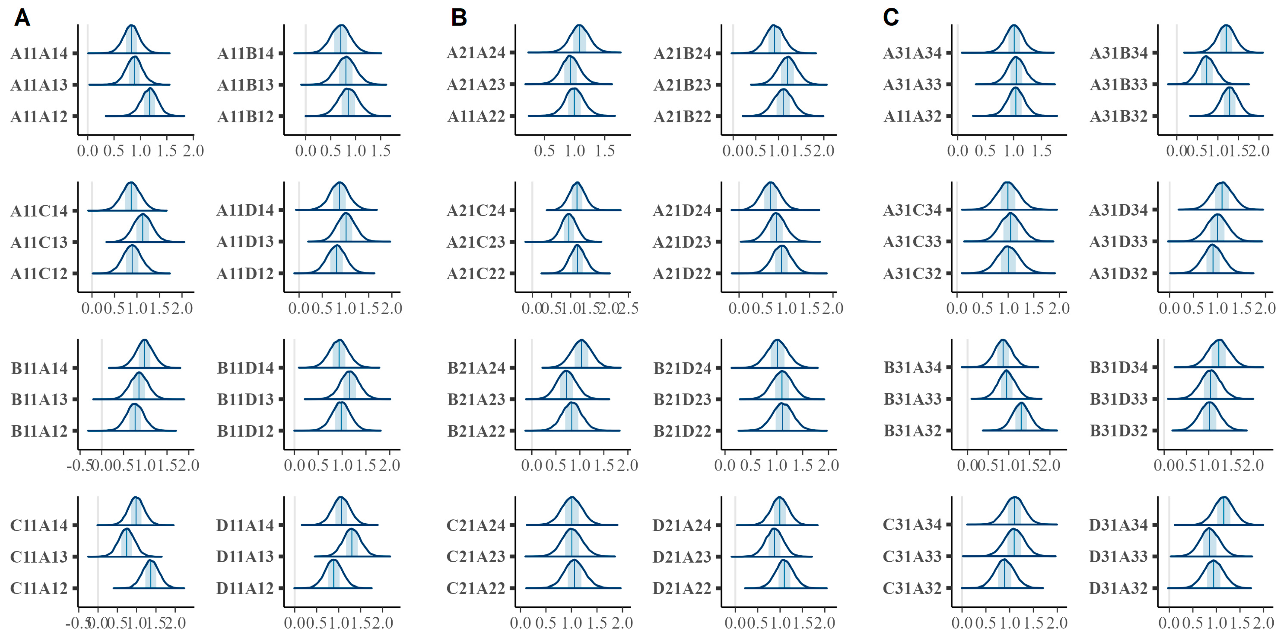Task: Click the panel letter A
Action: pyautogui.click(x=22, y=18)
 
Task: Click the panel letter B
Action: pyautogui.click(x=459, y=18)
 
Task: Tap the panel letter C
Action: pyautogui.click(x=891, y=18)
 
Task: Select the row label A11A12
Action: pyautogui.click(x=39, y=116)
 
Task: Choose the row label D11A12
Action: pyautogui.click(x=245, y=589)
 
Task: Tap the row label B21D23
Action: pyautogui.click(x=682, y=399)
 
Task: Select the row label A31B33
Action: pyautogui.click(x=1119, y=85)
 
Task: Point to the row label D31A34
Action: pyautogui.click(x=1118, y=525)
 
